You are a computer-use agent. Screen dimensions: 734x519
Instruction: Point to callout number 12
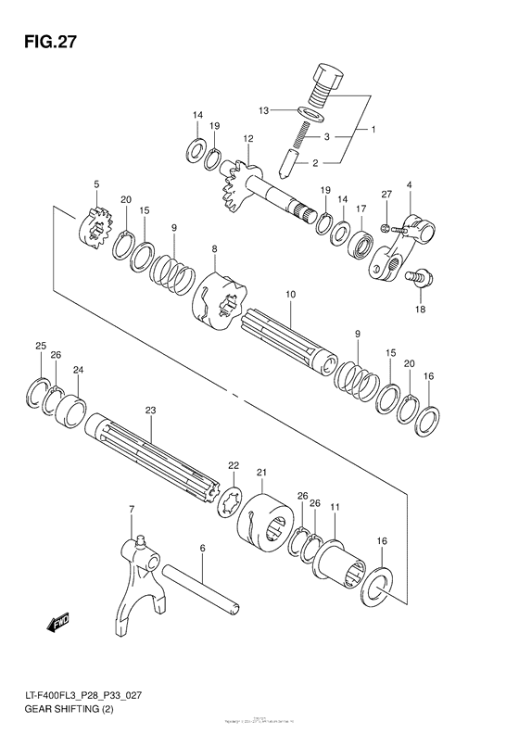coord(247,139)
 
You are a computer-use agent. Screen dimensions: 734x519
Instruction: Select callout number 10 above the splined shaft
coord(290,295)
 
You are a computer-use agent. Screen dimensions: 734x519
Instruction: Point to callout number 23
coord(151,410)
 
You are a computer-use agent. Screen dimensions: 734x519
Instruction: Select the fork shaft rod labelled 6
coord(204,585)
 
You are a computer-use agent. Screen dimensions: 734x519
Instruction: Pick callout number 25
coord(40,347)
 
